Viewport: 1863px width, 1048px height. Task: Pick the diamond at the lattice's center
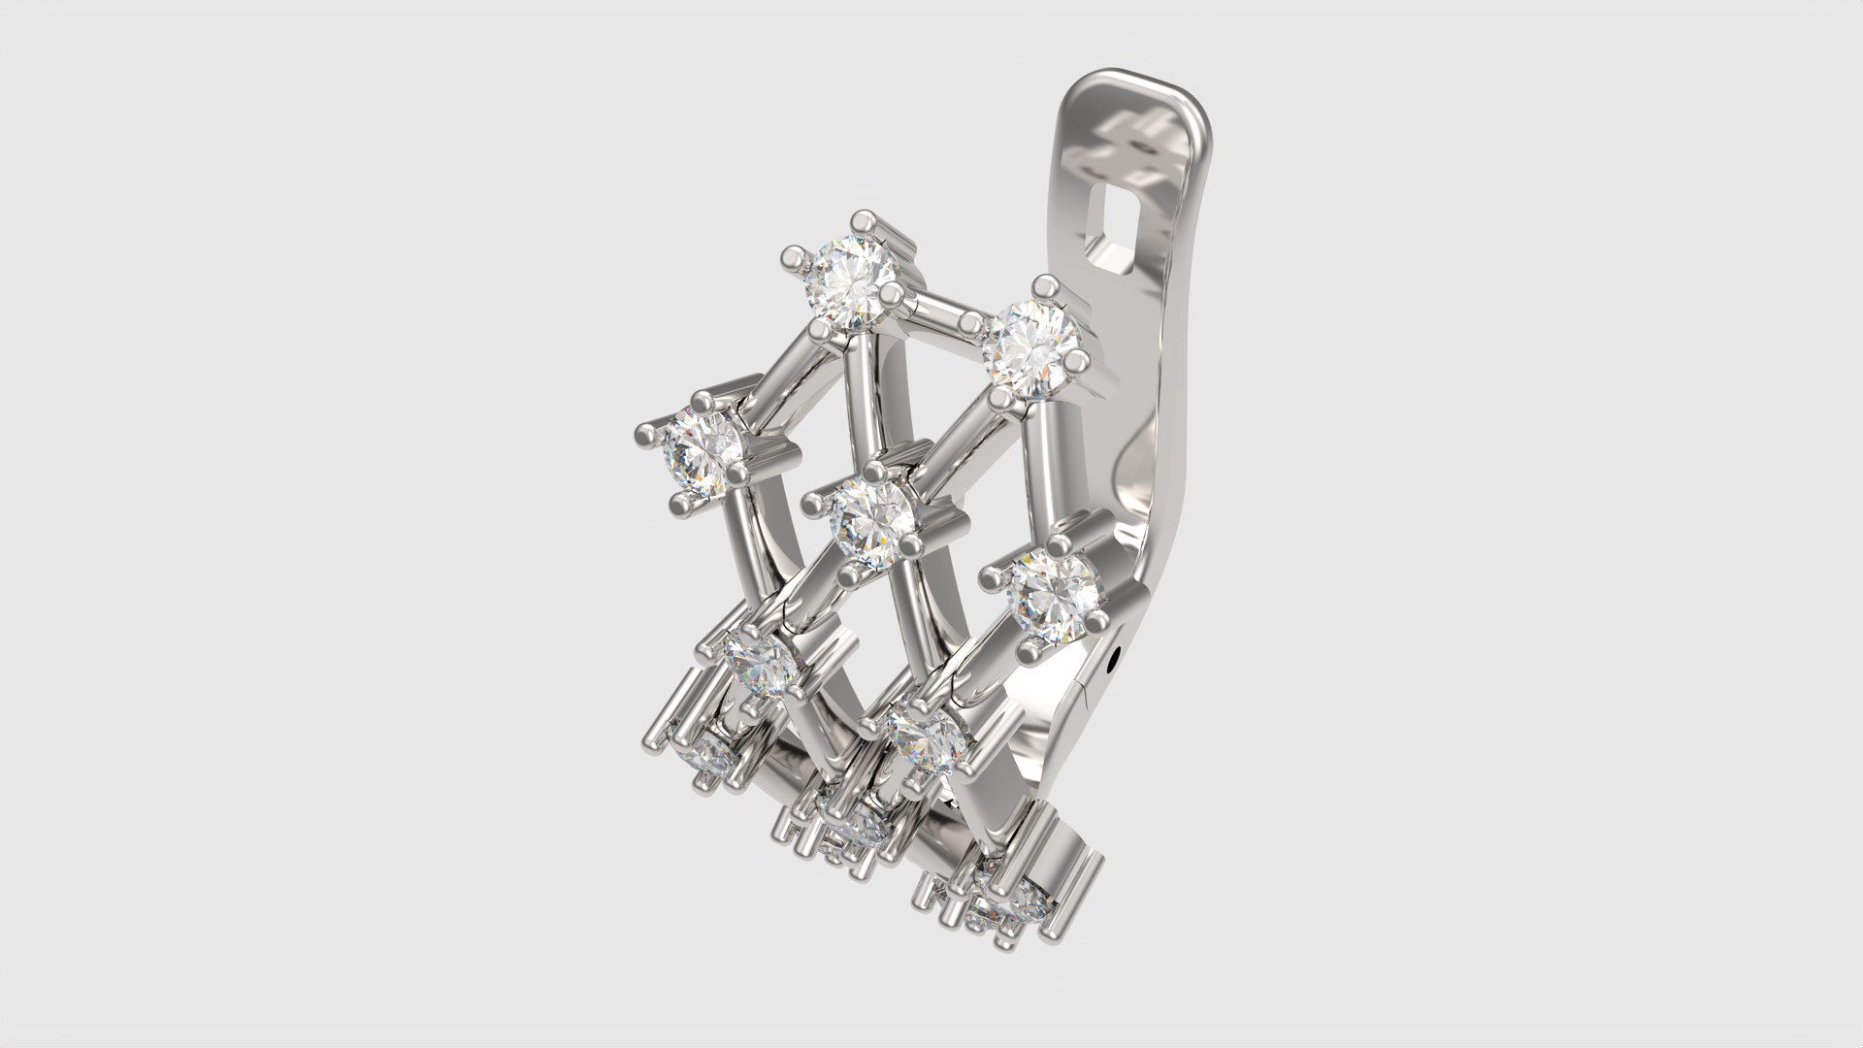point(872,520)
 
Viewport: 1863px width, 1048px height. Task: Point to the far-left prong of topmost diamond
point(794,258)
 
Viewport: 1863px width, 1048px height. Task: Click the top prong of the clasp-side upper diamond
point(1045,287)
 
